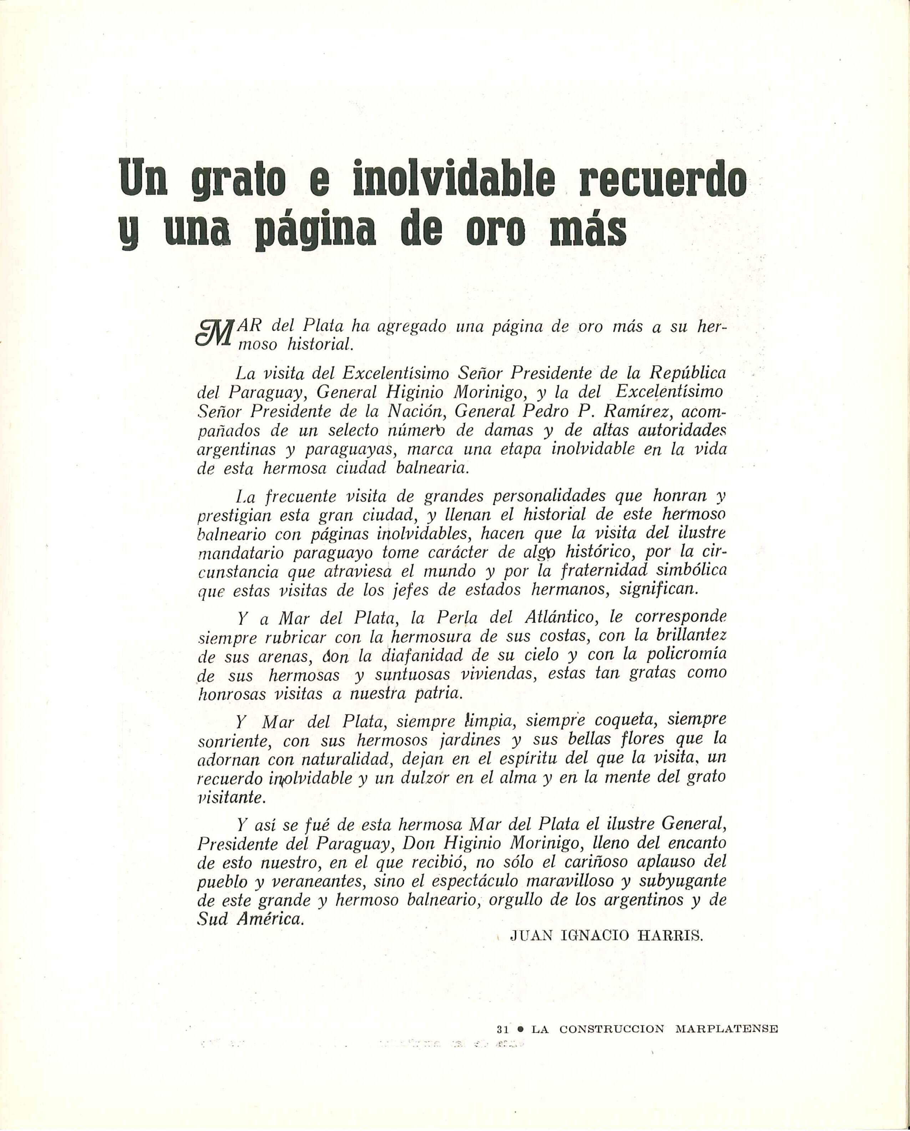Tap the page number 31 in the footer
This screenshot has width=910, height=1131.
(502, 1015)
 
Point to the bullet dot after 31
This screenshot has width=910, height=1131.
(520, 1015)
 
